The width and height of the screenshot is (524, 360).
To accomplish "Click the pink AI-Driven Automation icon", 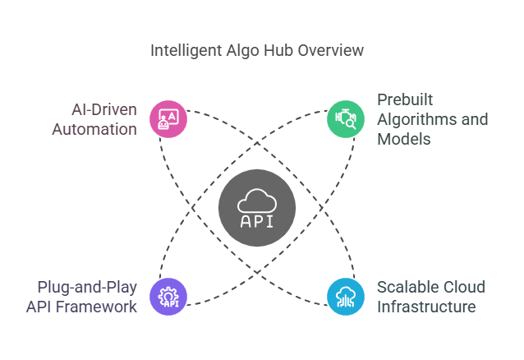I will [x=168, y=118].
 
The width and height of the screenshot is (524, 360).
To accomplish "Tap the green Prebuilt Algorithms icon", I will [x=346, y=118].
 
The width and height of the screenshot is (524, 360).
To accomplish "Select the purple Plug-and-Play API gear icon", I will [x=168, y=296].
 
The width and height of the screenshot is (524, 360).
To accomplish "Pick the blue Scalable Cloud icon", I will [x=346, y=296].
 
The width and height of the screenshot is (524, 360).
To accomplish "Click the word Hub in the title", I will [x=273, y=51].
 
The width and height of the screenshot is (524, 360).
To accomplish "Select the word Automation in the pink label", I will [x=95, y=129].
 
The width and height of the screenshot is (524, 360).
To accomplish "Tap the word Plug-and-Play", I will [x=87, y=287].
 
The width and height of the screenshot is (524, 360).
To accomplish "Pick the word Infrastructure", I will [x=426, y=307].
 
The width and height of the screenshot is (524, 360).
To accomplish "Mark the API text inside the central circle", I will [x=257, y=221].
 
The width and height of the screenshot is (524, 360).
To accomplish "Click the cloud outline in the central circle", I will [x=257, y=199].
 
